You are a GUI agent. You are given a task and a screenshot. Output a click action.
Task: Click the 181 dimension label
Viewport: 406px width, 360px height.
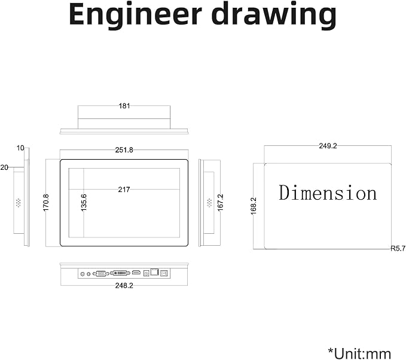click(x=124, y=106)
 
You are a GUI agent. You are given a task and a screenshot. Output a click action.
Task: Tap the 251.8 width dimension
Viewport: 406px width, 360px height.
click(x=124, y=150)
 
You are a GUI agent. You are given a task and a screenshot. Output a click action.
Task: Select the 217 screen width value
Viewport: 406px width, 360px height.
click(x=124, y=190)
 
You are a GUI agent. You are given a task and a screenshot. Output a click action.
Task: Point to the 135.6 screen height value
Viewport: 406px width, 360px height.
click(x=84, y=203)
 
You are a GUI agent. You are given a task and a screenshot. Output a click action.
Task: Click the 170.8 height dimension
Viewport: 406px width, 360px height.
click(x=46, y=202)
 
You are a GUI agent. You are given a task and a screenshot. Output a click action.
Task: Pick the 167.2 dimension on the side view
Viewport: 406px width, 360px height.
click(x=221, y=202)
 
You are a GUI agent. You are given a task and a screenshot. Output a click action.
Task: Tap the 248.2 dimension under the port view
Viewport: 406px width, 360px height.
click(x=124, y=285)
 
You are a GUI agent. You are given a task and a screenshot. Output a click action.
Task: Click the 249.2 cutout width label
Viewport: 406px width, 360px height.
click(x=328, y=146)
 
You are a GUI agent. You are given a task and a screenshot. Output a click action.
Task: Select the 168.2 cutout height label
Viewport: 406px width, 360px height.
click(x=254, y=206)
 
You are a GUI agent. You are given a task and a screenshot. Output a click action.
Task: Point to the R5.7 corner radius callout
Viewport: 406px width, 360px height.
click(x=398, y=249)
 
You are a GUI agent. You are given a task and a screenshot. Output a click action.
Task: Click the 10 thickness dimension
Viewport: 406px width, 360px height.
click(x=20, y=148)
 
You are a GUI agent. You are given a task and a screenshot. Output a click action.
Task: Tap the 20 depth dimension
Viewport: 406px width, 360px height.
click(x=4, y=167)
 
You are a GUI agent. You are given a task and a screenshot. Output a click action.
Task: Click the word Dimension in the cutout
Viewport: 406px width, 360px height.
click(x=328, y=193)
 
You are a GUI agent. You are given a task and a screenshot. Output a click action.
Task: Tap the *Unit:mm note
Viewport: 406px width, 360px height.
click(x=359, y=353)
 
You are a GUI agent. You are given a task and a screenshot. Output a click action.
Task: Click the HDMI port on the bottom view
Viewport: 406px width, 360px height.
click(x=136, y=273)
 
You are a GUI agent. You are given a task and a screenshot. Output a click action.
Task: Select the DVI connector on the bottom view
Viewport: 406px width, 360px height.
click(x=120, y=273)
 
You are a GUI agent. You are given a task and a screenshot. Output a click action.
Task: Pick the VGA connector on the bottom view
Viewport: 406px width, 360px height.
click(x=100, y=273)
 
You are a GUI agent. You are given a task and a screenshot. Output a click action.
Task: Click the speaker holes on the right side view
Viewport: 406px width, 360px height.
click(x=209, y=203)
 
